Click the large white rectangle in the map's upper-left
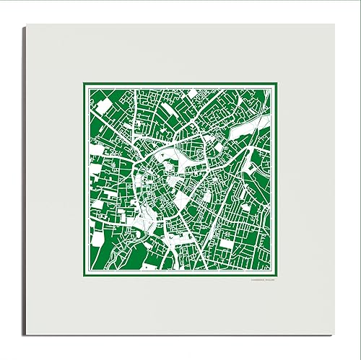tap(104, 107)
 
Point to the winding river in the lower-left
tap(148, 224)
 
